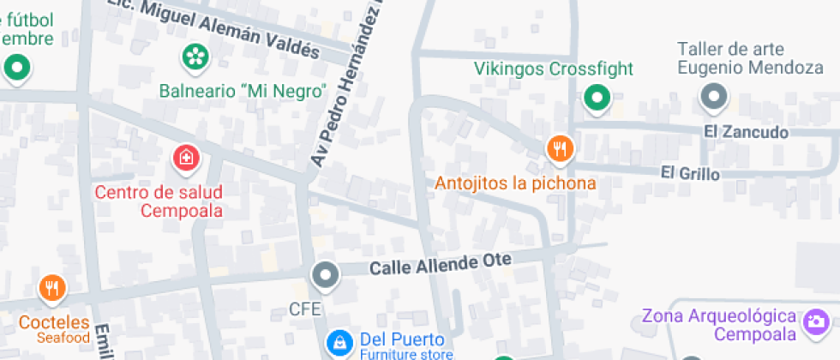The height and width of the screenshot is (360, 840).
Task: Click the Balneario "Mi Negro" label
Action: click(x=243, y=90)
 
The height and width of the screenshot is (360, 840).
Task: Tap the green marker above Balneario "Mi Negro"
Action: click(x=195, y=57)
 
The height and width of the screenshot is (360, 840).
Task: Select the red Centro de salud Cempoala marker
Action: click(x=185, y=158)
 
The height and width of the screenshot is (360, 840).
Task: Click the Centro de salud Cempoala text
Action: click(x=159, y=201)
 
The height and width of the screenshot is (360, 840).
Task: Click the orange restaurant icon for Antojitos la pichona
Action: click(x=560, y=149)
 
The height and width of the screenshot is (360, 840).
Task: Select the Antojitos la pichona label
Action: click(x=515, y=183)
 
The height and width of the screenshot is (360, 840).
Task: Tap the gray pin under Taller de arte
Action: click(x=714, y=97)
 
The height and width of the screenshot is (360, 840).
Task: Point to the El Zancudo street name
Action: click(x=745, y=132)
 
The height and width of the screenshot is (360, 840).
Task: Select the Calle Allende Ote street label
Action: click(x=440, y=264)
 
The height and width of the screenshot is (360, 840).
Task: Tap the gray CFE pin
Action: click(x=325, y=276)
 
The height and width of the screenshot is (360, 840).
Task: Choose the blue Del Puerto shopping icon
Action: click(x=340, y=343)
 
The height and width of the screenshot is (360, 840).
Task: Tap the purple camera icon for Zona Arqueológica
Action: click(x=814, y=322)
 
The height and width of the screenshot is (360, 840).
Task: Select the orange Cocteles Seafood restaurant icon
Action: click(x=52, y=288)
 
